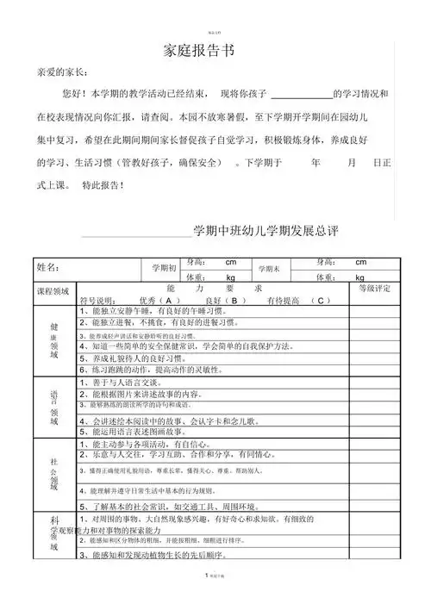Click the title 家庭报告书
(199, 51)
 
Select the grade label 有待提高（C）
(298, 300)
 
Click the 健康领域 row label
(53, 340)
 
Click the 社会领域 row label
(53, 475)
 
